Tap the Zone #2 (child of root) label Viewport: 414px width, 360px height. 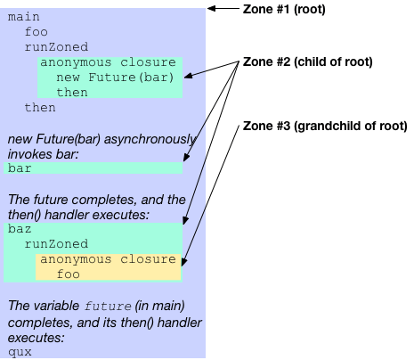(x=307, y=62)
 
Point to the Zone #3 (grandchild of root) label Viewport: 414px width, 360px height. (x=324, y=127)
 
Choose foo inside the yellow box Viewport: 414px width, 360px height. (x=69, y=275)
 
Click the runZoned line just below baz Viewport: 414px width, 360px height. (x=56, y=243)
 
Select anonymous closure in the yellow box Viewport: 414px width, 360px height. (x=108, y=259)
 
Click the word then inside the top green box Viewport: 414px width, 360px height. (x=72, y=93)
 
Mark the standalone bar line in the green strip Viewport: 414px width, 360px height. (x=20, y=168)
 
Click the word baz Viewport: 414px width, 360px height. (x=20, y=228)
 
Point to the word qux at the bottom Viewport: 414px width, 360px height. (x=20, y=351)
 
